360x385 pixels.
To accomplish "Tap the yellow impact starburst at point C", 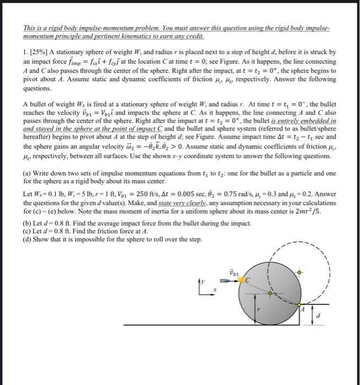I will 241,280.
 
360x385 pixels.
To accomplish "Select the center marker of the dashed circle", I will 299,272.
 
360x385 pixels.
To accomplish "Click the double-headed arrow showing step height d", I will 312,317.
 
